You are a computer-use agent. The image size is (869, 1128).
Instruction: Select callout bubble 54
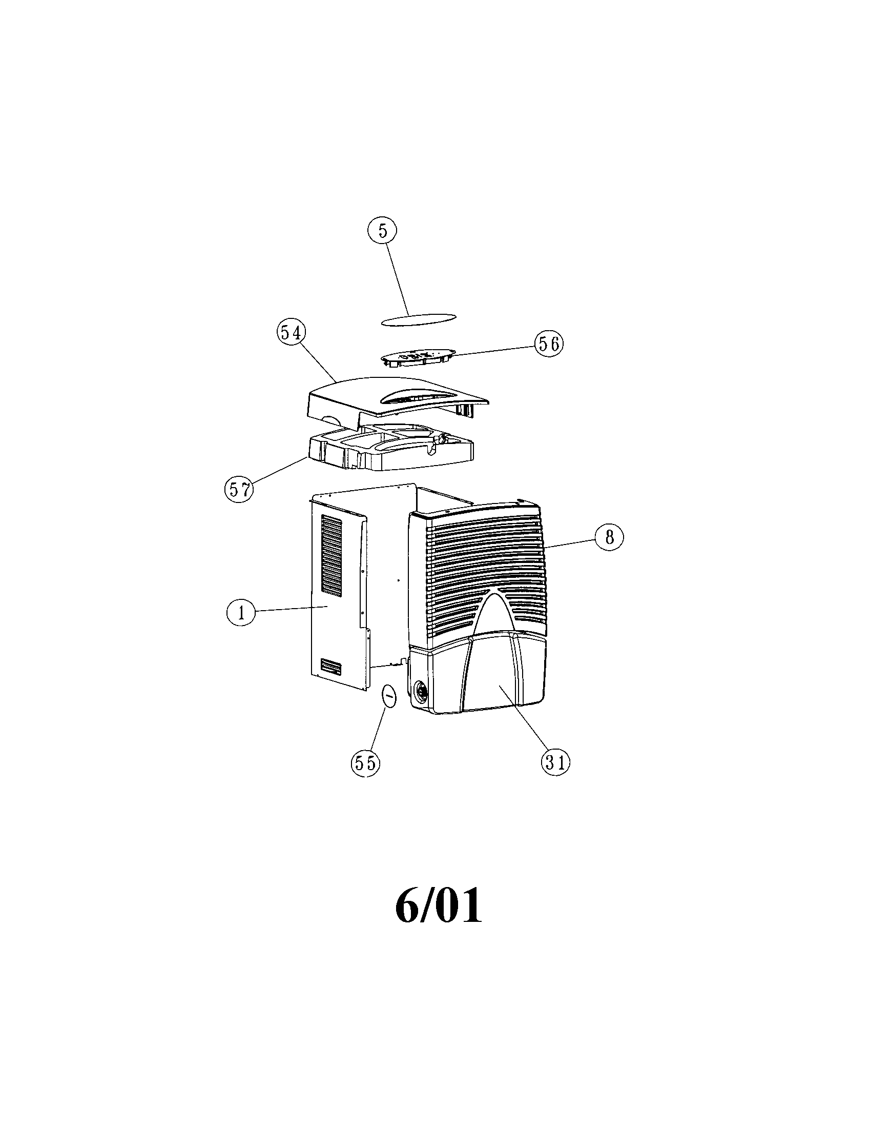[x=291, y=334]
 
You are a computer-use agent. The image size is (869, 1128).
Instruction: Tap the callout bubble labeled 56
[x=549, y=344]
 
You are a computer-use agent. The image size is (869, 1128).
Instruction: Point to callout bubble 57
[x=239, y=489]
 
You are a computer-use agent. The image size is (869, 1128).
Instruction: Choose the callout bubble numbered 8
[x=609, y=538]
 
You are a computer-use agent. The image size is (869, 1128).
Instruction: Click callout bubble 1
[x=240, y=613]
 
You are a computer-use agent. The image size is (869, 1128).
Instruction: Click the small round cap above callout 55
[x=389, y=697]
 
